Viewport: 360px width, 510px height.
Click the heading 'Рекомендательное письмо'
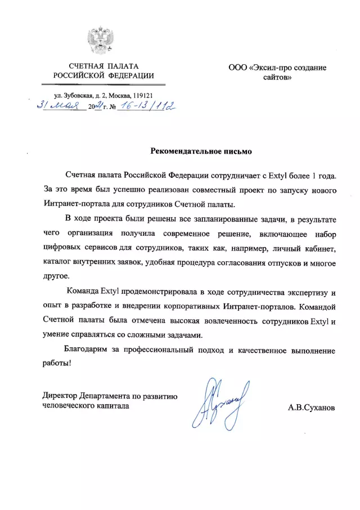[200, 151]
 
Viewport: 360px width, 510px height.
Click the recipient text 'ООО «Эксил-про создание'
[277, 68]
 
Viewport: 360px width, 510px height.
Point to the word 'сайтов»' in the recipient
[277, 77]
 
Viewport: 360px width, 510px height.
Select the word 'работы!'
[57, 364]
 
